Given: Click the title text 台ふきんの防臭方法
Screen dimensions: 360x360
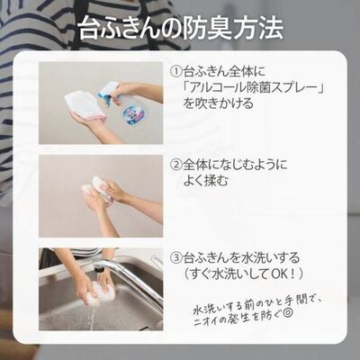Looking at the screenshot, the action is (x=181, y=30).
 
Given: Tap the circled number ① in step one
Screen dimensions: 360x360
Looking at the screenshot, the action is (x=176, y=71).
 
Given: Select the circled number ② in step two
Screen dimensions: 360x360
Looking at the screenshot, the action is (x=176, y=165).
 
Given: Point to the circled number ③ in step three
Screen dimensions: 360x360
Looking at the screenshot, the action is (x=176, y=257).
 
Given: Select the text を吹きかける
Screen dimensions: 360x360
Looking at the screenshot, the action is (x=219, y=103).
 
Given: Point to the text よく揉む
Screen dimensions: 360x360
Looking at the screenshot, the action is (x=205, y=181).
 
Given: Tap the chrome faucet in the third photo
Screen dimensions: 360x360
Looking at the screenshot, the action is (x=132, y=281).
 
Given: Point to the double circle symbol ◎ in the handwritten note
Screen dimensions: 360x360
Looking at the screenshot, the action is (x=287, y=314).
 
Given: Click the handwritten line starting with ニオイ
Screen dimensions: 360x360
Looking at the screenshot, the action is (x=243, y=318).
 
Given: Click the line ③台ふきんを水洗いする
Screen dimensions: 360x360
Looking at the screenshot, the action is (x=235, y=257).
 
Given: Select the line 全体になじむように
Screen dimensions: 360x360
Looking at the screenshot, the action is (x=235, y=165).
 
